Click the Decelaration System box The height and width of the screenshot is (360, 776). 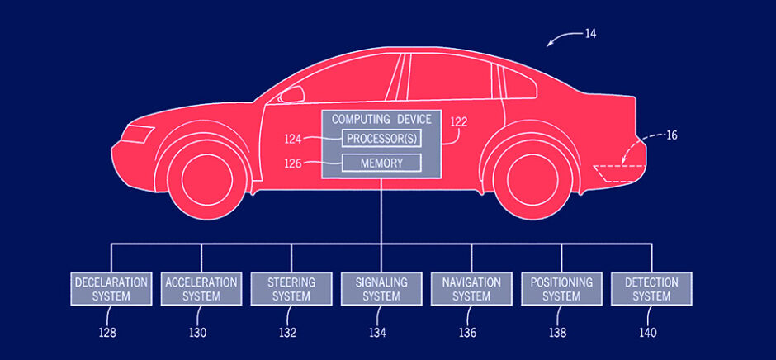pos(111,289)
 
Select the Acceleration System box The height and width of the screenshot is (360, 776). pos(200,289)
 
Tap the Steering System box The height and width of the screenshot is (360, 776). pos(290,289)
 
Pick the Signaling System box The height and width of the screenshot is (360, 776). pos(381,289)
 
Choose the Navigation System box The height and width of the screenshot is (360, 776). pos(471,289)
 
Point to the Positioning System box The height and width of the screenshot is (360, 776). pos(561,289)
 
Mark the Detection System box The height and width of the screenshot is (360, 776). pos(651,289)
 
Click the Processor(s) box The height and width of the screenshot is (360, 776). pos(381,138)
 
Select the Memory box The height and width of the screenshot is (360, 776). pos(381,163)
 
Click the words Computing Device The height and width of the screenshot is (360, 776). pos(381,120)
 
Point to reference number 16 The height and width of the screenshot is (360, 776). pos(671,135)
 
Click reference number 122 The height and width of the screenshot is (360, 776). pos(459,122)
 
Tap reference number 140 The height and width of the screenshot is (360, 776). pos(647,334)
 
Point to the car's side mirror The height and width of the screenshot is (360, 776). pos(291,95)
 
